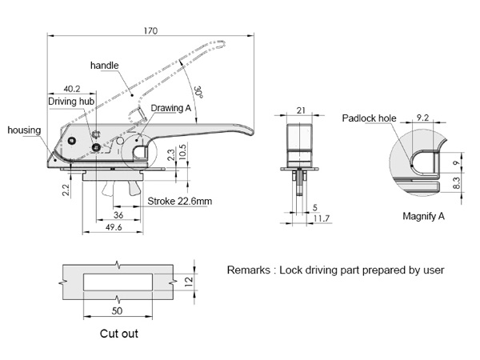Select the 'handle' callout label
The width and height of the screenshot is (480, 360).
pos(105,64)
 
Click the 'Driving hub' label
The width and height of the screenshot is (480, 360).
pos(71,102)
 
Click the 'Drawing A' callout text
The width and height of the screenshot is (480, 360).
pos(171,107)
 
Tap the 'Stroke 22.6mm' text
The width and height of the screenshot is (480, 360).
pos(180,202)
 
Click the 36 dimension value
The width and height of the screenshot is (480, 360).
pos(117,215)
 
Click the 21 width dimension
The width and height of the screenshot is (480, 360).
pos(301,110)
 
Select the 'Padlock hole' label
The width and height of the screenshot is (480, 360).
pos(370,118)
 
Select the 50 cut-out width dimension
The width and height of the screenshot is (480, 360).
pos(117,309)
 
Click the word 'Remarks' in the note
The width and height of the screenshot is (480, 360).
pos(249,270)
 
